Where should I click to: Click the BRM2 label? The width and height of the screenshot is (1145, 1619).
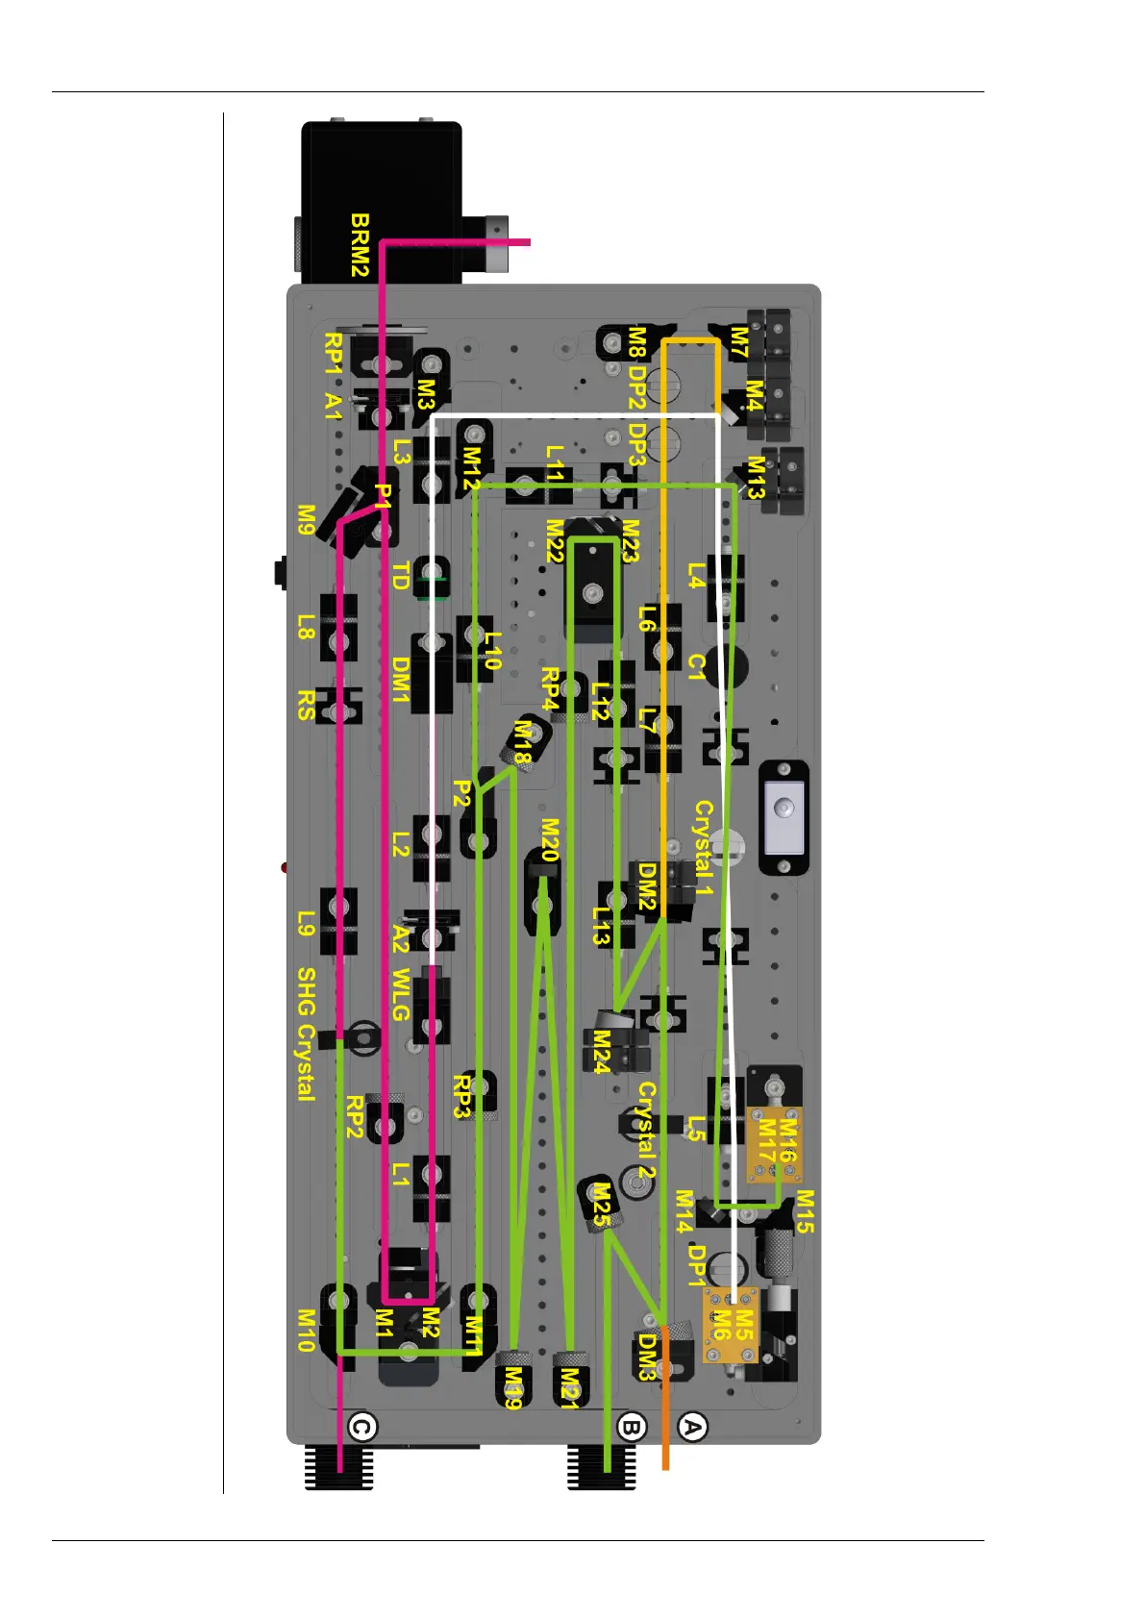[360, 245]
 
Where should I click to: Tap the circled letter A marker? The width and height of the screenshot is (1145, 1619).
[692, 1427]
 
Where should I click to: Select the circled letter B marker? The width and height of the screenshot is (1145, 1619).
[631, 1427]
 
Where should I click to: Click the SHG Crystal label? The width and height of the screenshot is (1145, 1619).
[306, 1034]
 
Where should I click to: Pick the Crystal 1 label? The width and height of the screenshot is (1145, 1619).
[704, 848]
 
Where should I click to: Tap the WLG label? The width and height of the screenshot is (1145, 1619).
[401, 995]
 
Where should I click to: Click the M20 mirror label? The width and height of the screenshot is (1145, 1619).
[550, 839]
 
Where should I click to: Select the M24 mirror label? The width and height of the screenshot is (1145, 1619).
[601, 1052]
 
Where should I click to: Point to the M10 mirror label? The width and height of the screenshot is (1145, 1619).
[306, 1331]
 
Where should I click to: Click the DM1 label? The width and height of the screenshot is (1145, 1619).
[401, 680]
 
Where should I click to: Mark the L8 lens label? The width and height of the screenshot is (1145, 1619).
[306, 628]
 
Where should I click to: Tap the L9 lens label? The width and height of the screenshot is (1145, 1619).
[306, 924]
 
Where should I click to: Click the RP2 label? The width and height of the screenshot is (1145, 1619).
[354, 1116]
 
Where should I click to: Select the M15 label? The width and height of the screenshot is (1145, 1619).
[805, 1211]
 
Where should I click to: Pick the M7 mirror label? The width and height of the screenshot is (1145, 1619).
[738, 342]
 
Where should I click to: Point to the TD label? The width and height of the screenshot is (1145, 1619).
[401, 576]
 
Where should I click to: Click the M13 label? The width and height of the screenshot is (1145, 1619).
[756, 478]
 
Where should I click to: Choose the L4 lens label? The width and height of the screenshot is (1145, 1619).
[696, 576]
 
